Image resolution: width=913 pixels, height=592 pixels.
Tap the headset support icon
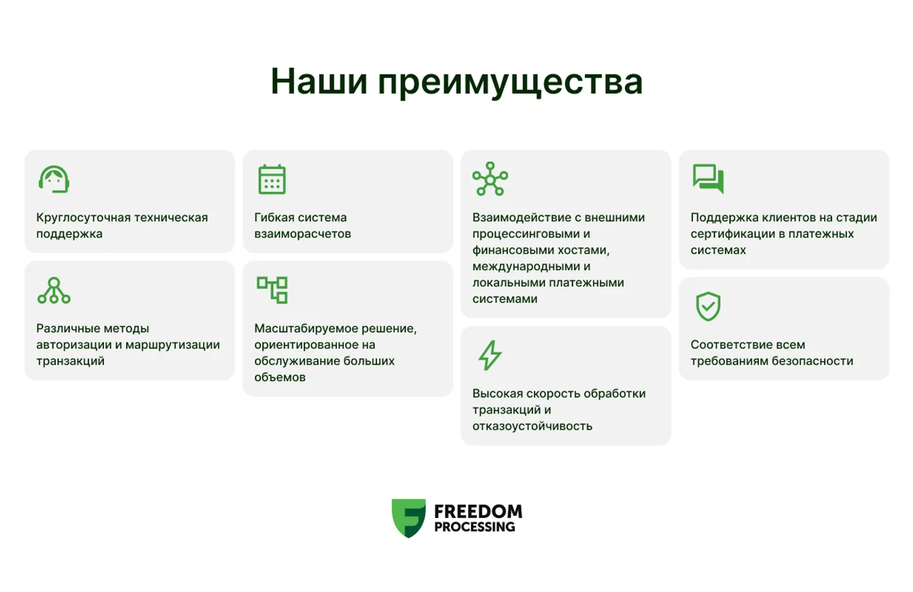[x=54, y=179]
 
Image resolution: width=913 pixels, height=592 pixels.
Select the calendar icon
[x=272, y=179]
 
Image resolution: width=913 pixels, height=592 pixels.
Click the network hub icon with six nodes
[x=490, y=179]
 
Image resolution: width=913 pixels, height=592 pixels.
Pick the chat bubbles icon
[x=708, y=179]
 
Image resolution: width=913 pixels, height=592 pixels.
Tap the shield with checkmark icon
[x=708, y=307]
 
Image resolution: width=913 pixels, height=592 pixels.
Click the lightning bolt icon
[x=490, y=356]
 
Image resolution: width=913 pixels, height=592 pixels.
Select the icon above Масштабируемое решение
[x=272, y=290]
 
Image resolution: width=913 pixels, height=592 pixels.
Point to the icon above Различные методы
[x=54, y=291]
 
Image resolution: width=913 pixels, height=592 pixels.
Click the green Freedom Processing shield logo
[x=408, y=518]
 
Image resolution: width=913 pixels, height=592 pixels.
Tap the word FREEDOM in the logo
[x=478, y=511]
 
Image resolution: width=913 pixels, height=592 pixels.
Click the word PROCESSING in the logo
[x=473, y=527]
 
